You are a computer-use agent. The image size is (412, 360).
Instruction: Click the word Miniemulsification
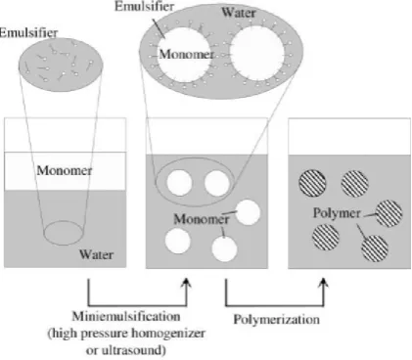pos(126,316)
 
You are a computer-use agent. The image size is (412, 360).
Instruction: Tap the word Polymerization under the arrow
pos(276,319)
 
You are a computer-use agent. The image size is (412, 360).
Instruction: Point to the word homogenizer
pos(168,334)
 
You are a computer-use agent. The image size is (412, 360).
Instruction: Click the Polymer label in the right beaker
pos(337,213)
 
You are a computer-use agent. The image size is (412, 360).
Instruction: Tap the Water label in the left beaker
pos(96,254)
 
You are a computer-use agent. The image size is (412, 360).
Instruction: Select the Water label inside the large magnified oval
pos(239,13)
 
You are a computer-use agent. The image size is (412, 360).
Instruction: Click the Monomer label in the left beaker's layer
pos(65,170)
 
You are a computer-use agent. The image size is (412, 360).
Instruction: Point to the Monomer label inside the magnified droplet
pos(187,54)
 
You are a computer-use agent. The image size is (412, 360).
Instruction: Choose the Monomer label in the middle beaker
pos(202,219)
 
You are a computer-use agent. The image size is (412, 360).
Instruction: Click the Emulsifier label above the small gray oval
pos(28,32)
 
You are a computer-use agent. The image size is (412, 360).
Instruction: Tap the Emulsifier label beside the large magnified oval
pos(144,7)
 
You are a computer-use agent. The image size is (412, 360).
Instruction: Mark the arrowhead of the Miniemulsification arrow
pos(187,283)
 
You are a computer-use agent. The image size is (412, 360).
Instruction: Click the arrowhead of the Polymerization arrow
pos(323,283)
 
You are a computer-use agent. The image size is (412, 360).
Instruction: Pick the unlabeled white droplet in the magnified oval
pos(257,53)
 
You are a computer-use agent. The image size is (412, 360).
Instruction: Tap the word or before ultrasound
pos(92,351)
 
